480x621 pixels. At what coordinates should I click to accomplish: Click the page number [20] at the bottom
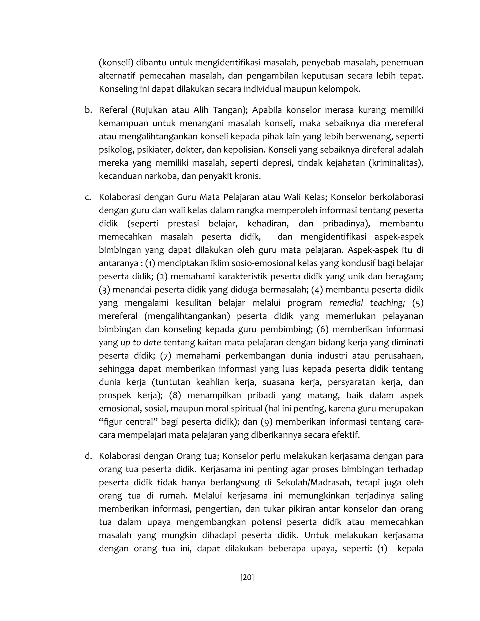[x=247, y=577]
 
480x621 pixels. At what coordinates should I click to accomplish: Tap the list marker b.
[x=88, y=110]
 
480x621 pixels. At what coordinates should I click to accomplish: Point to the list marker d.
[x=88, y=456]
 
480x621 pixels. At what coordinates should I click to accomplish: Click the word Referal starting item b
[x=113, y=110]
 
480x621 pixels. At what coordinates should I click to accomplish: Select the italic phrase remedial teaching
[x=367, y=303]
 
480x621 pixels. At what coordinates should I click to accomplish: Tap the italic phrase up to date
[x=140, y=342]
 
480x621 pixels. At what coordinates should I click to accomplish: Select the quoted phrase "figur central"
[x=127, y=422]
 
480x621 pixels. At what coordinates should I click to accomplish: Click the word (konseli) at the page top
[x=116, y=63]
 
